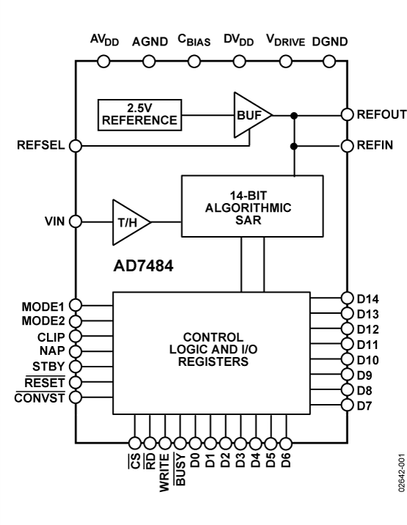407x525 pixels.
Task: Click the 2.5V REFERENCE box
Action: [x=139, y=115]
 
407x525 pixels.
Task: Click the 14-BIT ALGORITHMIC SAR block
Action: [x=252, y=206]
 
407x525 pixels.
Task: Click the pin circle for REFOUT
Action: [x=346, y=115]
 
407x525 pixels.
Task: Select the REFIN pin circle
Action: [x=346, y=146]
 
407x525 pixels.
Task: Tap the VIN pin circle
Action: [x=75, y=220]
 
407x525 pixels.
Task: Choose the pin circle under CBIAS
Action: [x=194, y=62]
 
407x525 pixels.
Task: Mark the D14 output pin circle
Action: [x=346, y=298]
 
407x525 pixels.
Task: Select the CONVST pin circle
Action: [x=75, y=397]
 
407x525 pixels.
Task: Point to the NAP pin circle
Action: [x=75, y=350]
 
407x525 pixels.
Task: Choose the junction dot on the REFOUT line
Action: [x=294, y=115]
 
